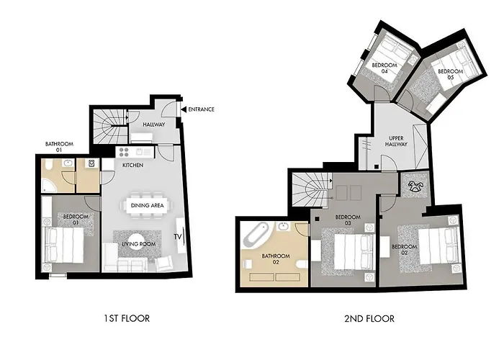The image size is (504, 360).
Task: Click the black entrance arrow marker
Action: [184, 109]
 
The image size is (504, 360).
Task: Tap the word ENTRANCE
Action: [201, 109]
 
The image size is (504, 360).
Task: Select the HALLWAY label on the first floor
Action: [154, 125]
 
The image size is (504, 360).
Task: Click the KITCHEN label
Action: [132, 165]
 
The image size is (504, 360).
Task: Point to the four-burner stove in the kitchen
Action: [124, 152]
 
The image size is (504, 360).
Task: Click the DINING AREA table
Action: [147, 205]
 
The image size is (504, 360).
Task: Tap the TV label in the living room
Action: [178, 237]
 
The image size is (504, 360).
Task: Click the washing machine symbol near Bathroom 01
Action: [91, 163]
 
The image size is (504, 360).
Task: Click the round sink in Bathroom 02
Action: [283, 227]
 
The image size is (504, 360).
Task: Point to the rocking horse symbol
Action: [415, 186]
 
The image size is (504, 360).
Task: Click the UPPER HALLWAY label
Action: [396, 141]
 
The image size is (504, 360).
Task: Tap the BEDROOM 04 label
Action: [384, 68]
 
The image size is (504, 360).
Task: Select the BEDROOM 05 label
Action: [450, 74]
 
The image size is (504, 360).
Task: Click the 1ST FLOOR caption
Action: [127, 318]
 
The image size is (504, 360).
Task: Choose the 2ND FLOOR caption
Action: [369, 318]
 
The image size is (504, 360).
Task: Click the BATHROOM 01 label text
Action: [59, 147]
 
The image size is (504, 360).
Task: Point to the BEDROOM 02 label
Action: [405, 250]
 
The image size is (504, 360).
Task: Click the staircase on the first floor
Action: [109, 126]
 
